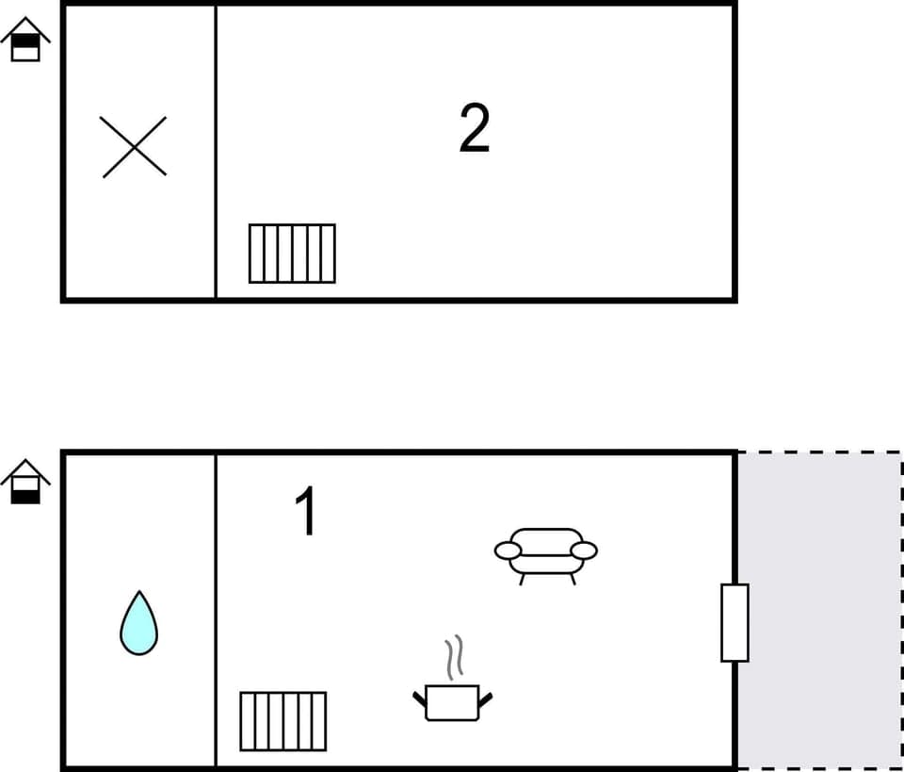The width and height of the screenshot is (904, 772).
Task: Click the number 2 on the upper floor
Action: [475, 129]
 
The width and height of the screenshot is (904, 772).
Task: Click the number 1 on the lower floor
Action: [307, 512]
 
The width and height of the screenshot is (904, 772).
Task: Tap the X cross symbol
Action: [135, 147]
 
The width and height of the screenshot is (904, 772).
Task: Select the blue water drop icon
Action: [138, 624]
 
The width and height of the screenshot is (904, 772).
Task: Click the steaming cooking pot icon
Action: [452, 701]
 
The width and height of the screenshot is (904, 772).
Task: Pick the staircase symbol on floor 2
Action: [292, 254]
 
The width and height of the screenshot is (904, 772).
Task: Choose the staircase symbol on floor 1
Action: [282, 721]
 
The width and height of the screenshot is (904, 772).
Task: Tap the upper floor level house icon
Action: [25, 41]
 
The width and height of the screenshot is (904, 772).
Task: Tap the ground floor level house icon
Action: [25, 482]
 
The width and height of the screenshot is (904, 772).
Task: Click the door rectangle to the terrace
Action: [734, 623]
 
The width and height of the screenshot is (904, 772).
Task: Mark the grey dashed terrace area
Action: [819, 528]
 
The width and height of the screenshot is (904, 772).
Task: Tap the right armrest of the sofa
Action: [584, 550]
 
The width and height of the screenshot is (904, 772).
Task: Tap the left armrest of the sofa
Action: [508, 550]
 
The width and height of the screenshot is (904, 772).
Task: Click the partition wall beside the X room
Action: [216, 151]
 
